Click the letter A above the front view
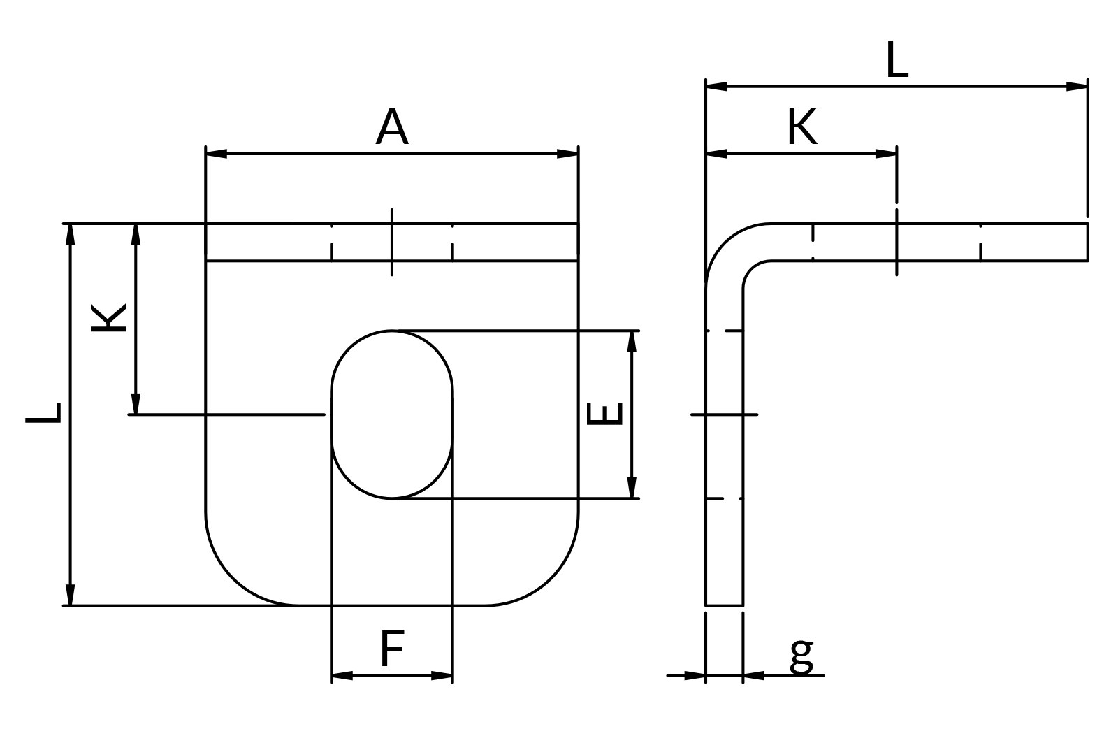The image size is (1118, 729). point(392,127)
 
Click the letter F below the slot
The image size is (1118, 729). point(392,649)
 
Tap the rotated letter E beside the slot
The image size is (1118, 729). point(605,414)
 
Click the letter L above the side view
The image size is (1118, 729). point(897,60)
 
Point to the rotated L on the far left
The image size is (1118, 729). point(43,413)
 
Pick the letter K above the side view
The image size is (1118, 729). point(802,127)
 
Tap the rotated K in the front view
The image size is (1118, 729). point(109,318)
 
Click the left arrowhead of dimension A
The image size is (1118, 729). point(217,154)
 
